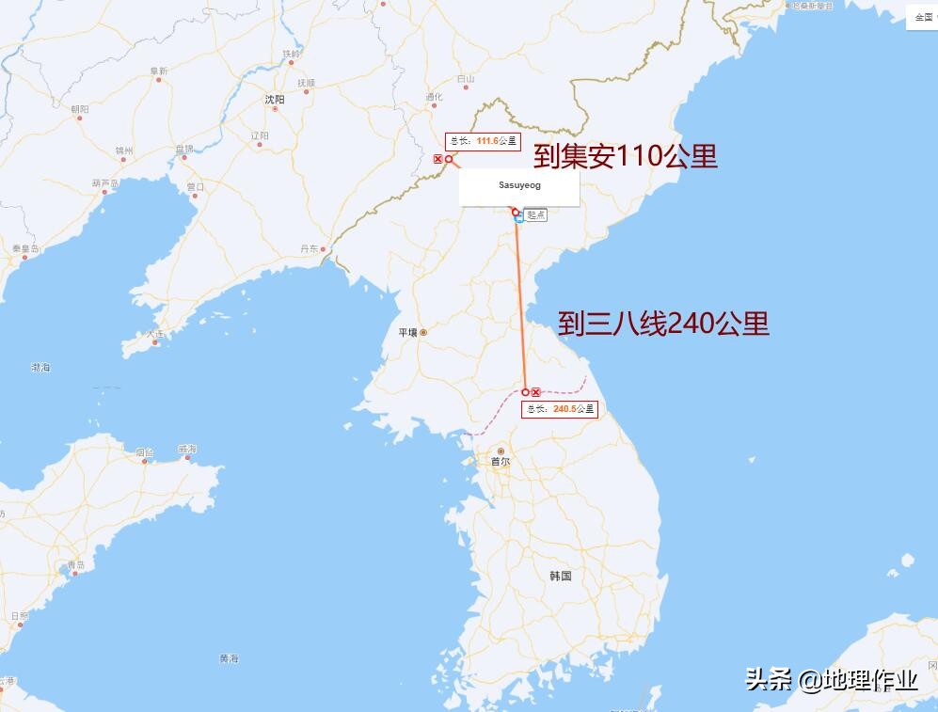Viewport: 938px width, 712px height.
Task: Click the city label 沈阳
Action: pyautogui.click(x=275, y=98)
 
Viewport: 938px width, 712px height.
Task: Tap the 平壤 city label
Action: pyautogui.click(x=407, y=332)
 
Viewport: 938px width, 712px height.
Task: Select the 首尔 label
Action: pyautogui.click(x=501, y=462)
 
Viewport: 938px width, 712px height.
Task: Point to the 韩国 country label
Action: pyautogui.click(x=561, y=576)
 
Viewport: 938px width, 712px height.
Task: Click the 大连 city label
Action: pyautogui.click(x=155, y=334)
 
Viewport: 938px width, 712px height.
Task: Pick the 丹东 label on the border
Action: pyautogui.click(x=310, y=248)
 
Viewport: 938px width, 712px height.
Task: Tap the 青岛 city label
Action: pyautogui.click(x=76, y=565)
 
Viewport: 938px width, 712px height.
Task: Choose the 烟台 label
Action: pyautogui.click(x=144, y=452)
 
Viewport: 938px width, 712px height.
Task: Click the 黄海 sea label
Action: pyautogui.click(x=229, y=658)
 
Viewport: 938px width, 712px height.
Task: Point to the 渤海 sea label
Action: pyautogui.click(x=40, y=367)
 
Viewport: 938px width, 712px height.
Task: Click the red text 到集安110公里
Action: pyautogui.click(x=626, y=156)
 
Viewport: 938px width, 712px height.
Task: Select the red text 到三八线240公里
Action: pyautogui.click(x=663, y=324)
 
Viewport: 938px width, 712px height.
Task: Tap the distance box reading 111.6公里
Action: pyautogui.click(x=484, y=141)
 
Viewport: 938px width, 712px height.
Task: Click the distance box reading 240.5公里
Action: pyautogui.click(x=561, y=409)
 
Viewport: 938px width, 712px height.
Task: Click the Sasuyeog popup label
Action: pyautogui.click(x=519, y=186)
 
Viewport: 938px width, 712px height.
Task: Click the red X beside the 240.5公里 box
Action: pyautogui.click(x=536, y=392)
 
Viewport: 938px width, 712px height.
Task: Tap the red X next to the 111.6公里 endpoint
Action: pyautogui.click(x=437, y=160)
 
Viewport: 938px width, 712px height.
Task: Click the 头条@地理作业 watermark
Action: pyautogui.click(x=832, y=680)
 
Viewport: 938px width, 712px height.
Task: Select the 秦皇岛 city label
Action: pyautogui.click(x=25, y=248)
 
